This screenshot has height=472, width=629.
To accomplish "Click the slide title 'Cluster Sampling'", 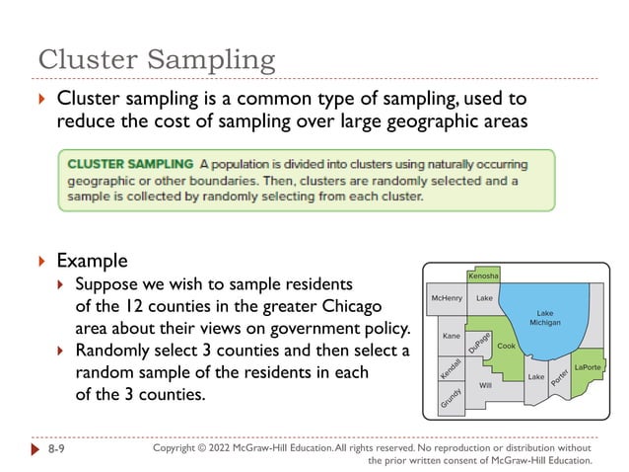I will tap(157, 59).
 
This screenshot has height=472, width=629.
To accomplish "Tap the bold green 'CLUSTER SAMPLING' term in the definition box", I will tap(130, 163).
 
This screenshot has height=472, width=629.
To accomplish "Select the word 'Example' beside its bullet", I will tap(92, 261).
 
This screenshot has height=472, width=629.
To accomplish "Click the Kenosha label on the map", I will tap(482, 275).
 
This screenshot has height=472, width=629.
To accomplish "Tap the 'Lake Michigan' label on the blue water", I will tap(544, 317).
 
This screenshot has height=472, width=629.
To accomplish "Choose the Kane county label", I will tap(452, 336).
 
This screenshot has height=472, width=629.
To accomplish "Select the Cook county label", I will tap(506, 347).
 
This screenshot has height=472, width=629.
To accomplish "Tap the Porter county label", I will tap(559, 376).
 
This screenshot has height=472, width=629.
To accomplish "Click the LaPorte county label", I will tap(587, 367).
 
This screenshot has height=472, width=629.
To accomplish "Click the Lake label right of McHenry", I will tap(483, 297).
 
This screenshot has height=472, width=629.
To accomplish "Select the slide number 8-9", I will tap(59, 449).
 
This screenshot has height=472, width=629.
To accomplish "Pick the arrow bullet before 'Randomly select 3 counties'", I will tap(61, 351).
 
